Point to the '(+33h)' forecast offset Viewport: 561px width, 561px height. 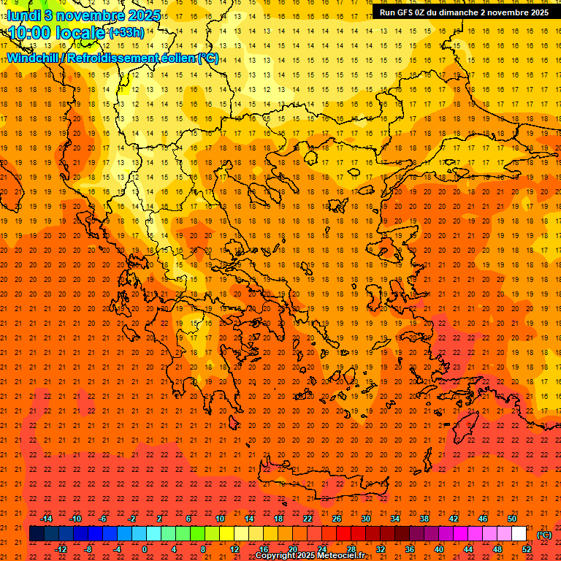tap(126, 33)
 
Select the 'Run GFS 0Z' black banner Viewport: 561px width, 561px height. tap(465, 12)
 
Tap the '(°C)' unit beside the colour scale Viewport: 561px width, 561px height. tap(544, 535)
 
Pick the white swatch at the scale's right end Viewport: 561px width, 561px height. tap(519, 534)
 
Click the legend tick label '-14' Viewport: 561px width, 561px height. tap(46, 519)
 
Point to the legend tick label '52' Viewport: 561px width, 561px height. tap(527, 549)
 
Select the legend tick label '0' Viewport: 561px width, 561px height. tap(144, 549)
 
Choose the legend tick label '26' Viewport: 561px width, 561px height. tap(337, 519)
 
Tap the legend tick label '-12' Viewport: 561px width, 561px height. tap(61, 549)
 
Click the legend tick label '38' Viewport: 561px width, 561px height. tap(424, 519)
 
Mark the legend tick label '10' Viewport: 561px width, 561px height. tap(219, 519)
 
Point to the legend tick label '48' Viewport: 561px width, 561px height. tap(497, 549)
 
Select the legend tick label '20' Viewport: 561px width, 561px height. tap(293, 549)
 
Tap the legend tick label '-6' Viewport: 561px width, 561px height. tap(103, 519)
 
